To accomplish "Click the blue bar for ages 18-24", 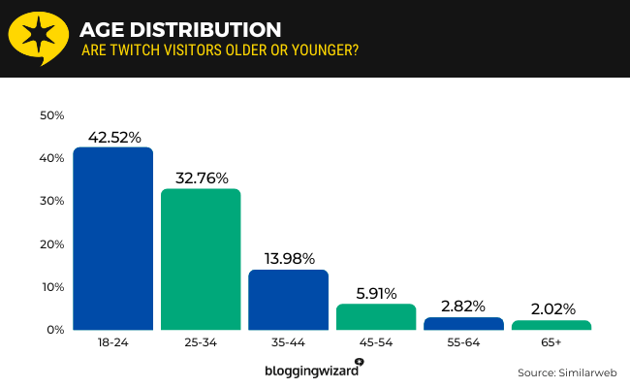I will (x=113, y=239).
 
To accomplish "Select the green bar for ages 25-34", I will (x=201, y=259).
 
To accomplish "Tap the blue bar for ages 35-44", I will (x=288, y=300).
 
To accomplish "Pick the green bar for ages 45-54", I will (x=376, y=317).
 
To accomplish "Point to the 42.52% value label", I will (x=113, y=137).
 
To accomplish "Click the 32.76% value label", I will (x=201, y=178).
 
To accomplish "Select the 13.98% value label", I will (x=288, y=259).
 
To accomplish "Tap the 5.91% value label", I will (x=376, y=294).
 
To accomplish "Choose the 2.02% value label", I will (x=551, y=310).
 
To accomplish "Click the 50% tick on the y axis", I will (x=51, y=115).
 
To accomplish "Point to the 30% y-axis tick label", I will (x=51, y=201).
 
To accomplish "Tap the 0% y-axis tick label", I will (x=55, y=330).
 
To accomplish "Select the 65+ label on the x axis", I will (x=551, y=344).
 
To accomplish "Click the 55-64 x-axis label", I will (x=463, y=344).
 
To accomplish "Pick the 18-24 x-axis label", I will (x=113, y=344).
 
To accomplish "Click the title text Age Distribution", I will (x=180, y=29).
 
